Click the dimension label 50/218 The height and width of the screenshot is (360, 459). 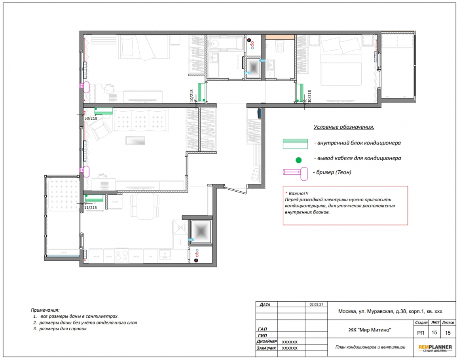point(91,118)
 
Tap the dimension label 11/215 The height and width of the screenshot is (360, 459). point(91,208)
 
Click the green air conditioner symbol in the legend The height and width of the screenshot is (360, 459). point(295,144)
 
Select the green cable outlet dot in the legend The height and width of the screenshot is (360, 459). point(298,160)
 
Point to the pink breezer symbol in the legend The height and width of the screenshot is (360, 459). point(295,173)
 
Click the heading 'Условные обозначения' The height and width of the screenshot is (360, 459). point(344,127)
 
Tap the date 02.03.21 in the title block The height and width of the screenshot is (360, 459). point(316,304)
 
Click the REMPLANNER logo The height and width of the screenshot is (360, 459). point(435,348)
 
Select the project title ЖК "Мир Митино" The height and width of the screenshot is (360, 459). point(370,330)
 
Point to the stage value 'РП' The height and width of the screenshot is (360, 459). point(421,333)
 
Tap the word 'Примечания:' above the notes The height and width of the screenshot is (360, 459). point(45,310)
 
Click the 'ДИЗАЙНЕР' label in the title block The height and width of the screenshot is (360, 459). point(266,341)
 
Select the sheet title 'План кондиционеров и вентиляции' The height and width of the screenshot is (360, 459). point(370,347)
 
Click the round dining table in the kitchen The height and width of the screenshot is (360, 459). point(145,206)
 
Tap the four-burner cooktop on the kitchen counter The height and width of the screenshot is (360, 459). point(121,255)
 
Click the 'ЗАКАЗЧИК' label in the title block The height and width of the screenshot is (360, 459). point(266,348)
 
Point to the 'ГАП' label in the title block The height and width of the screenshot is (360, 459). point(263,329)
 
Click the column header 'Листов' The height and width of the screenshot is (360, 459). point(448,322)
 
